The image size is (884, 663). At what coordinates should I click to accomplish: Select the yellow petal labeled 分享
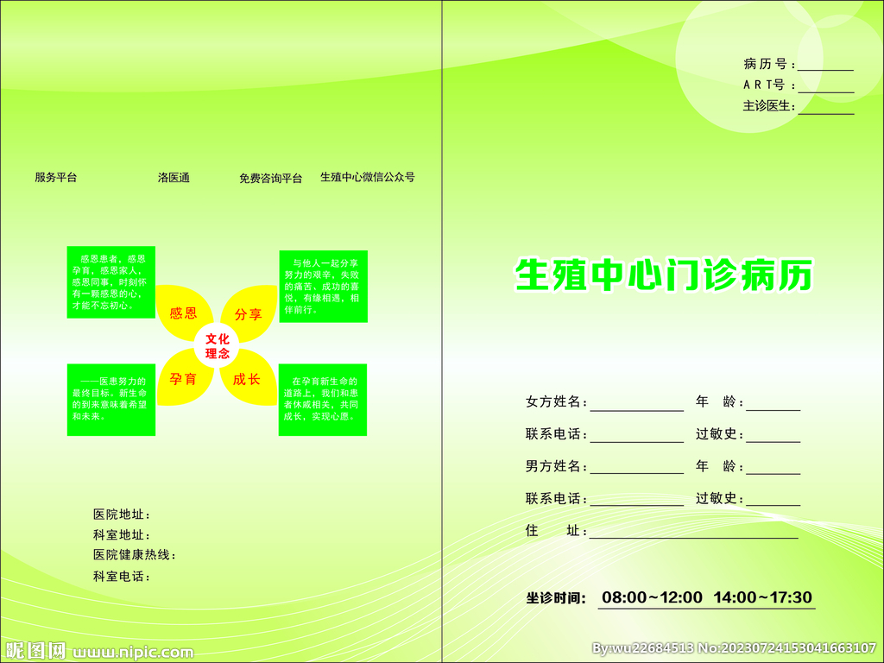click(x=249, y=313)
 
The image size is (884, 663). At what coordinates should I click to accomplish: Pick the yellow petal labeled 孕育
click(x=184, y=378)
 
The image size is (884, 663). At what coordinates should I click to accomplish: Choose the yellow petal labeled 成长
click(x=249, y=378)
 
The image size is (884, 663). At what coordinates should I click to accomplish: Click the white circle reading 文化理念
click(x=217, y=346)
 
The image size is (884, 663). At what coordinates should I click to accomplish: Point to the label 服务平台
click(x=56, y=178)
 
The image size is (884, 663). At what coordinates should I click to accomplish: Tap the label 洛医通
click(x=174, y=178)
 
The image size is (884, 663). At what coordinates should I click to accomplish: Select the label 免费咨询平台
click(x=271, y=179)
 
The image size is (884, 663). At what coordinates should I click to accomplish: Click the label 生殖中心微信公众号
click(x=368, y=177)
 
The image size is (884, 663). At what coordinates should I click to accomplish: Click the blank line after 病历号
click(x=825, y=67)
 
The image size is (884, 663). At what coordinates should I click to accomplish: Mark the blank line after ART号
click(x=825, y=89)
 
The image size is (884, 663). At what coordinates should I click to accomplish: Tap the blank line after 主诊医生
click(x=825, y=110)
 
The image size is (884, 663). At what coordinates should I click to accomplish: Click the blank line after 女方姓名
click(x=637, y=407)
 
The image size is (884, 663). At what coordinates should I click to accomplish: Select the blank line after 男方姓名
click(x=637, y=471)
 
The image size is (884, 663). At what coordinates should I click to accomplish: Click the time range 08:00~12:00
click(x=652, y=597)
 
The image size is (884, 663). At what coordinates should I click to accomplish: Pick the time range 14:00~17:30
click(x=763, y=597)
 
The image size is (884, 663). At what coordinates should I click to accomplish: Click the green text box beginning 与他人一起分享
click(x=323, y=286)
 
